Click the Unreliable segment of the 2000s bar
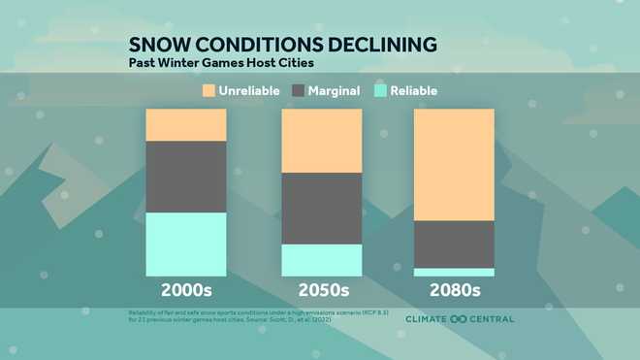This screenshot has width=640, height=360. coord(185,125)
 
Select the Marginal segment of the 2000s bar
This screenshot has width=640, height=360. coord(185,177)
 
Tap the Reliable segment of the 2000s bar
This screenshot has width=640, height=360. coord(185,245)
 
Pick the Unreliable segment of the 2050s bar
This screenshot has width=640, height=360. coord(321,141)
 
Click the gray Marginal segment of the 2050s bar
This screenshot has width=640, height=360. coord(321,209)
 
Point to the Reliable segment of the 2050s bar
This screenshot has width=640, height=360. coord(321,260)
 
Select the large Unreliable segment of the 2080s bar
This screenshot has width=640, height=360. coord(454,165)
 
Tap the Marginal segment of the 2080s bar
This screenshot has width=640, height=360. coord(454,245)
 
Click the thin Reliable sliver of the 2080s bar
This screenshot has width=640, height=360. coord(454,273)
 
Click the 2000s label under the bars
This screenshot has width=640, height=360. coord(185,290)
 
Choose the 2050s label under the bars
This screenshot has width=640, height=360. coord(321,290)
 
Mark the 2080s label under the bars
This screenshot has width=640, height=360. coord(454,290)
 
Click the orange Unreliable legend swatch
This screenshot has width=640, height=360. coord(208,91)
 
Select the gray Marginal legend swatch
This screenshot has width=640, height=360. coord(299,91)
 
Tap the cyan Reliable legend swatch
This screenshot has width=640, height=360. coord(381,91)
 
